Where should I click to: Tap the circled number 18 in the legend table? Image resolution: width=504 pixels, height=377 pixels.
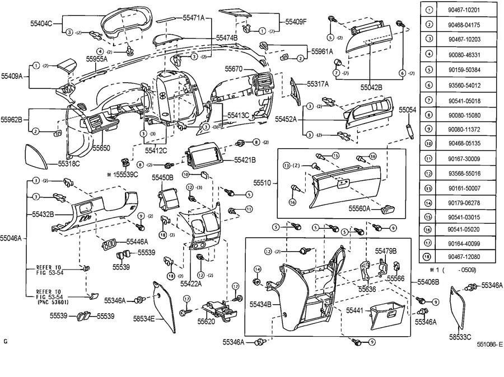click(429, 257)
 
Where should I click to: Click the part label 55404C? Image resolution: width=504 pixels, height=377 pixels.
click(41, 23)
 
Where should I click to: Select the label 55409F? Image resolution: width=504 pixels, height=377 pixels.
click(296, 22)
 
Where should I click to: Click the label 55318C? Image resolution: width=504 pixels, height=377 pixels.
click(69, 164)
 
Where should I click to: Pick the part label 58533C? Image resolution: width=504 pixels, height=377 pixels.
click(460, 337)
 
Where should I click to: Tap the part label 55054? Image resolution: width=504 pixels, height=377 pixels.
click(407, 111)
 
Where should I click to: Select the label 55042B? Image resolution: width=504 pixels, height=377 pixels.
click(371, 87)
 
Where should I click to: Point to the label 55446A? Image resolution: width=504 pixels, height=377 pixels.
click(137, 242)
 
